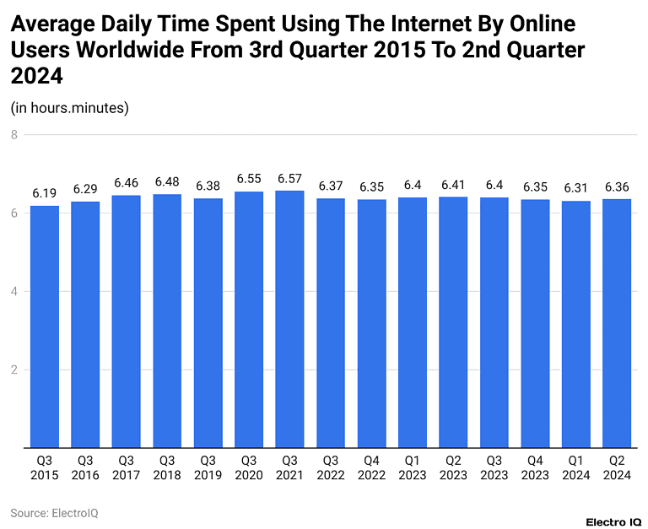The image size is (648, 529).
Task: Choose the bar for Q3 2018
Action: pos(167,321)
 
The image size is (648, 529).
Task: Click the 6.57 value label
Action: pos(289,179)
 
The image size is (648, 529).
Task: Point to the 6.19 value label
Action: pos(45,194)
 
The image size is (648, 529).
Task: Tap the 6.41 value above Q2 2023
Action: pos(453,185)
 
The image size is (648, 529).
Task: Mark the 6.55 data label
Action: pos(249,180)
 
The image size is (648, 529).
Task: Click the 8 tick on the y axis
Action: pos(14,134)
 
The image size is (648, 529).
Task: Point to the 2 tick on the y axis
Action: pos(14,370)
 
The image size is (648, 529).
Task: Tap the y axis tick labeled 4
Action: pos(14,291)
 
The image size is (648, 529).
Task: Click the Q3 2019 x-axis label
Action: pos(208,467)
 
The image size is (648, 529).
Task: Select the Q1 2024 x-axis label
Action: pos(575,467)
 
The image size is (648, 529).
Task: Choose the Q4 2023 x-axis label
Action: pos(535,467)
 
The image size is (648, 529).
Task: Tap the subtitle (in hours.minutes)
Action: pos(69,107)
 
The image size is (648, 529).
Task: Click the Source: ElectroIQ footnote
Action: pos(54,512)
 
